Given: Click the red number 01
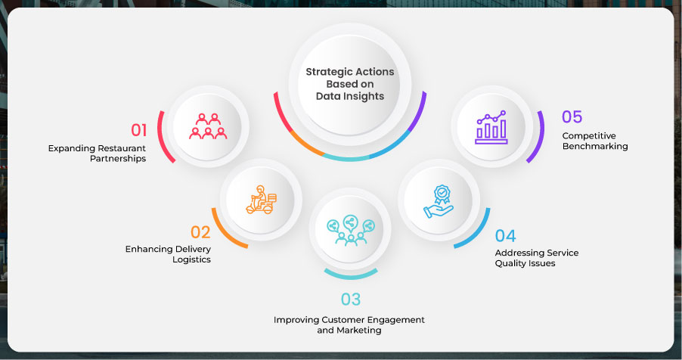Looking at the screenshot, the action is tap(139, 130).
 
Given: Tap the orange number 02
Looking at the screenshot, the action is tap(200, 232).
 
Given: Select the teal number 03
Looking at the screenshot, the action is tap(351, 299).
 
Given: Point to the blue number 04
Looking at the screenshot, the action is tap(505, 236).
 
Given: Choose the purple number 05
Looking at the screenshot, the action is tap(572, 116).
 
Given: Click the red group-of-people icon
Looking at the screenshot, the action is tap(208, 126).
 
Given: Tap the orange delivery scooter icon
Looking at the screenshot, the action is tap(261, 200).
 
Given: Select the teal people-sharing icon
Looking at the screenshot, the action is tap(351, 230).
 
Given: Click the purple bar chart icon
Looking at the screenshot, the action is tap(491, 127).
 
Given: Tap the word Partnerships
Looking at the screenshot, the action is tap(118, 159).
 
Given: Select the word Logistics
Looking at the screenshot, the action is tap(191, 259).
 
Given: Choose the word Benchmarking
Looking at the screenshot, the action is tap(595, 146).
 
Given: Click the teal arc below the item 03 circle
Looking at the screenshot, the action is tap(351, 275).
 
